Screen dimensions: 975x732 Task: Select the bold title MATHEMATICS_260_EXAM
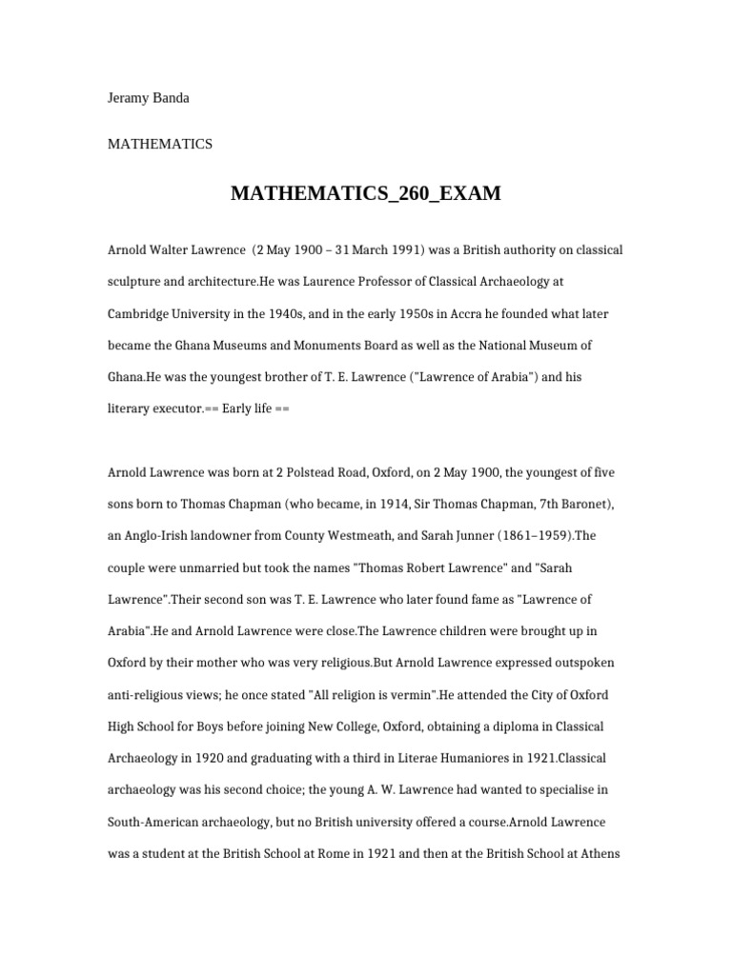[365, 194]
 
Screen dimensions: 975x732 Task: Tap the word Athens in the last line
[599, 853]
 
